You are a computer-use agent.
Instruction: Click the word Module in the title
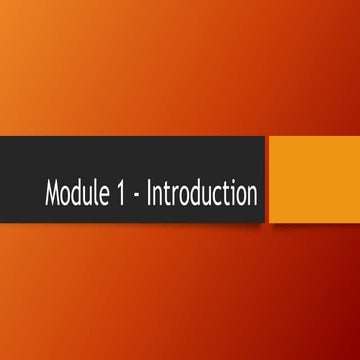[76, 195]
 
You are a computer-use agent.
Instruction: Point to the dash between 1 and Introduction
[136, 197]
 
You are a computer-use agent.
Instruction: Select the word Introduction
[201, 195]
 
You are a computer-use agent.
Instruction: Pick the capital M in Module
[53, 195]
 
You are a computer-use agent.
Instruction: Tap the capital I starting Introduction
[149, 195]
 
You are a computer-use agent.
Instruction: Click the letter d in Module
[78, 195]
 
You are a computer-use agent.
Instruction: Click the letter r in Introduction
[174, 197]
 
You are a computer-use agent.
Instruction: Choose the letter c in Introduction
[214, 197]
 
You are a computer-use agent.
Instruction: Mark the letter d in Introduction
[193, 195]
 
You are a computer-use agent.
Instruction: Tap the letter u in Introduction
[204, 197]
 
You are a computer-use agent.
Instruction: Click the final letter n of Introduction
[250, 197]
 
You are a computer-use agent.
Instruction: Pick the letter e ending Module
[104, 197]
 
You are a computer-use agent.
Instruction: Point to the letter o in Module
[67, 197]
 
